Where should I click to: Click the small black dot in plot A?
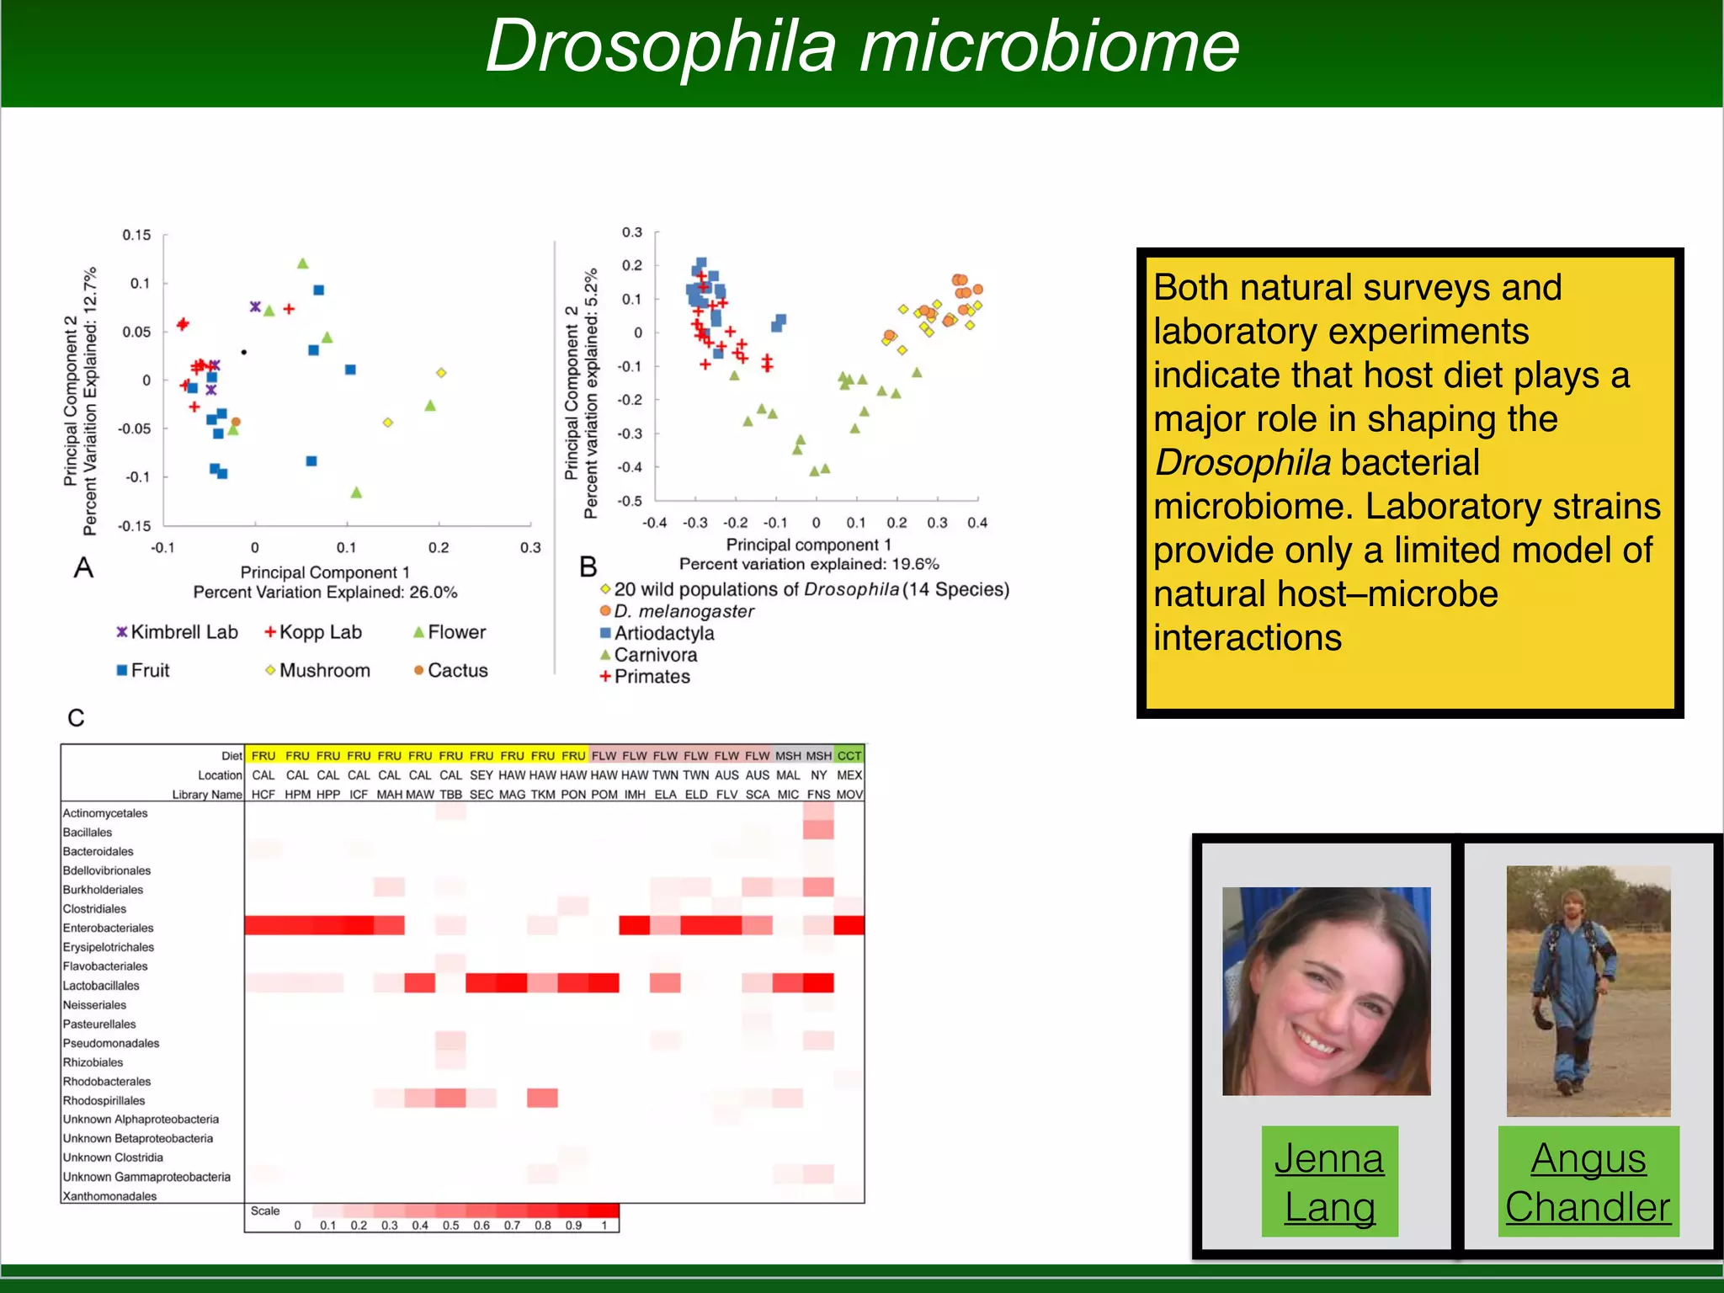point(244,352)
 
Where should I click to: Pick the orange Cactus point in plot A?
point(236,422)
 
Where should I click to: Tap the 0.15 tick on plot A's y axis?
point(136,235)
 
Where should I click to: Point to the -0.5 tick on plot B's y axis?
point(630,501)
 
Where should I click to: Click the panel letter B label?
point(588,567)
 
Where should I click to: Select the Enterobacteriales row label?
point(108,928)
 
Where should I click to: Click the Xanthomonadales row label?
point(109,1196)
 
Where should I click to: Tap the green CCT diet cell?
point(849,756)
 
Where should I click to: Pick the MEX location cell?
point(849,775)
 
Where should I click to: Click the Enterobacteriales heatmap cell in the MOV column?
point(849,926)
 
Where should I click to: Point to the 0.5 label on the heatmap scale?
point(450,1226)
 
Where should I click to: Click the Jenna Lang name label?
point(1329,1182)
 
